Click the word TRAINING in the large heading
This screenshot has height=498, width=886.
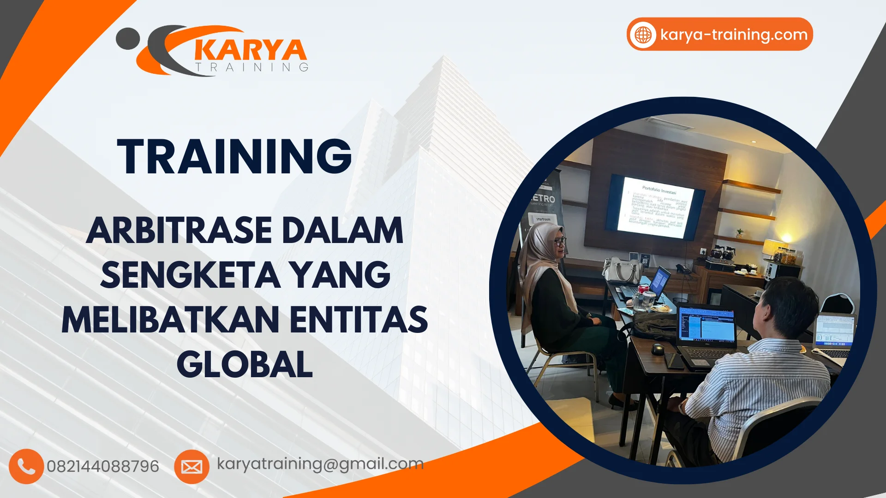tap(234, 157)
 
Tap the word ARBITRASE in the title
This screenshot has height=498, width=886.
tap(179, 230)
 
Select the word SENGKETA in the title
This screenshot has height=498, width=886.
tap(190, 275)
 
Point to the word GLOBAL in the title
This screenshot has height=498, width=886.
tap(245, 364)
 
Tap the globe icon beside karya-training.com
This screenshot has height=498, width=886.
tap(643, 35)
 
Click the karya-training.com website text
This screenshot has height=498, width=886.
tap(734, 35)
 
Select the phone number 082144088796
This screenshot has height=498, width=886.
tap(103, 466)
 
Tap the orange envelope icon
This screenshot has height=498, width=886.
tap(192, 467)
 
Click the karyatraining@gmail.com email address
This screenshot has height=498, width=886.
tap(320, 463)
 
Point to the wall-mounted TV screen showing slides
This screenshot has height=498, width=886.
tap(655, 207)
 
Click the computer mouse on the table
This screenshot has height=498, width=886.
tap(658, 349)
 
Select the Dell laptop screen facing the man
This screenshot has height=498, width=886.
tap(706, 325)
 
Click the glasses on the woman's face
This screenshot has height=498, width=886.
tap(560, 241)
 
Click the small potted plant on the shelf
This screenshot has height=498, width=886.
tap(740, 232)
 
